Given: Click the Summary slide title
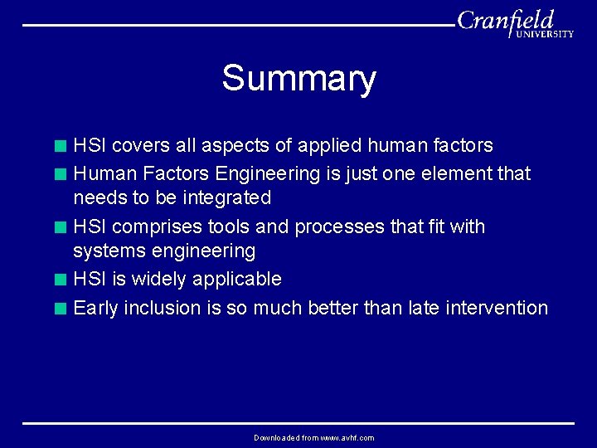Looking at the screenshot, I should (298, 79).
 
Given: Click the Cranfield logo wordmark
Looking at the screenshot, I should (506, 20).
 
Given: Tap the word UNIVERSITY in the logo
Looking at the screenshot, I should (545, 35).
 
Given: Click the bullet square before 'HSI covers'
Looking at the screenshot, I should (60, 147).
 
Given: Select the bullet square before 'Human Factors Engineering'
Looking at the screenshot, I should (60, 175).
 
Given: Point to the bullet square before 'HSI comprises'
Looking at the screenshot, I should (60, 227).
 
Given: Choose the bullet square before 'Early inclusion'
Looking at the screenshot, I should (60, 309).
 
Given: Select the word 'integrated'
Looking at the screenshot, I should (226, 198).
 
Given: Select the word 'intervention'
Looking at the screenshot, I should (497, 309).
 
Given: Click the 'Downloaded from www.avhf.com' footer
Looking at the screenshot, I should (314, 438).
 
